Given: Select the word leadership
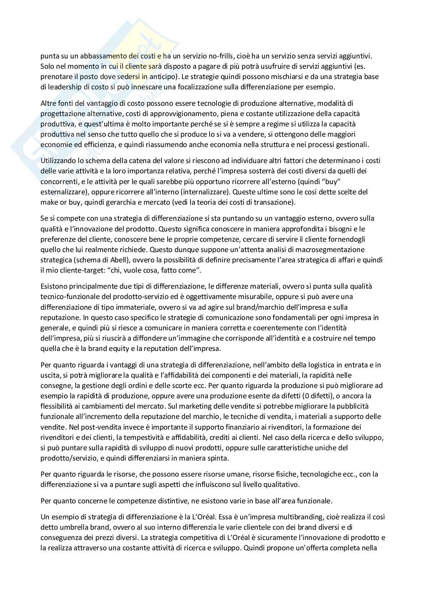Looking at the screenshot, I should point(64,87).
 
